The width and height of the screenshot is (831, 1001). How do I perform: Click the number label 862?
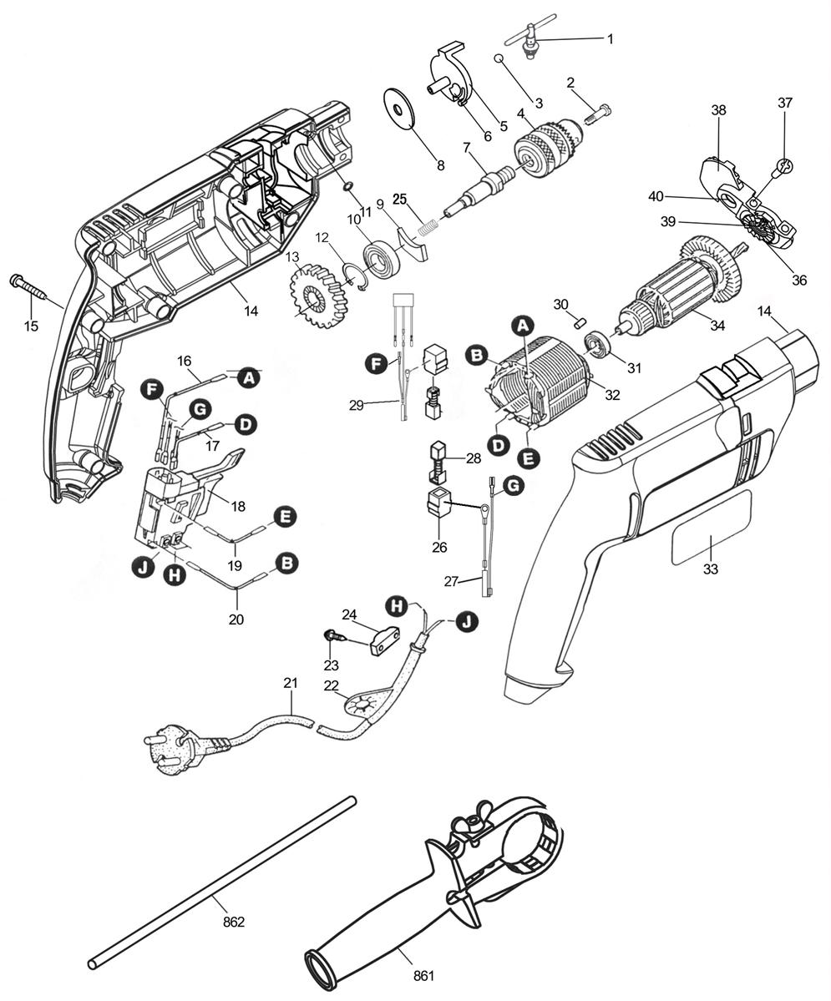click(x=234, y=922)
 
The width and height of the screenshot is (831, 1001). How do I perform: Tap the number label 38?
click(x=718, y=109)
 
